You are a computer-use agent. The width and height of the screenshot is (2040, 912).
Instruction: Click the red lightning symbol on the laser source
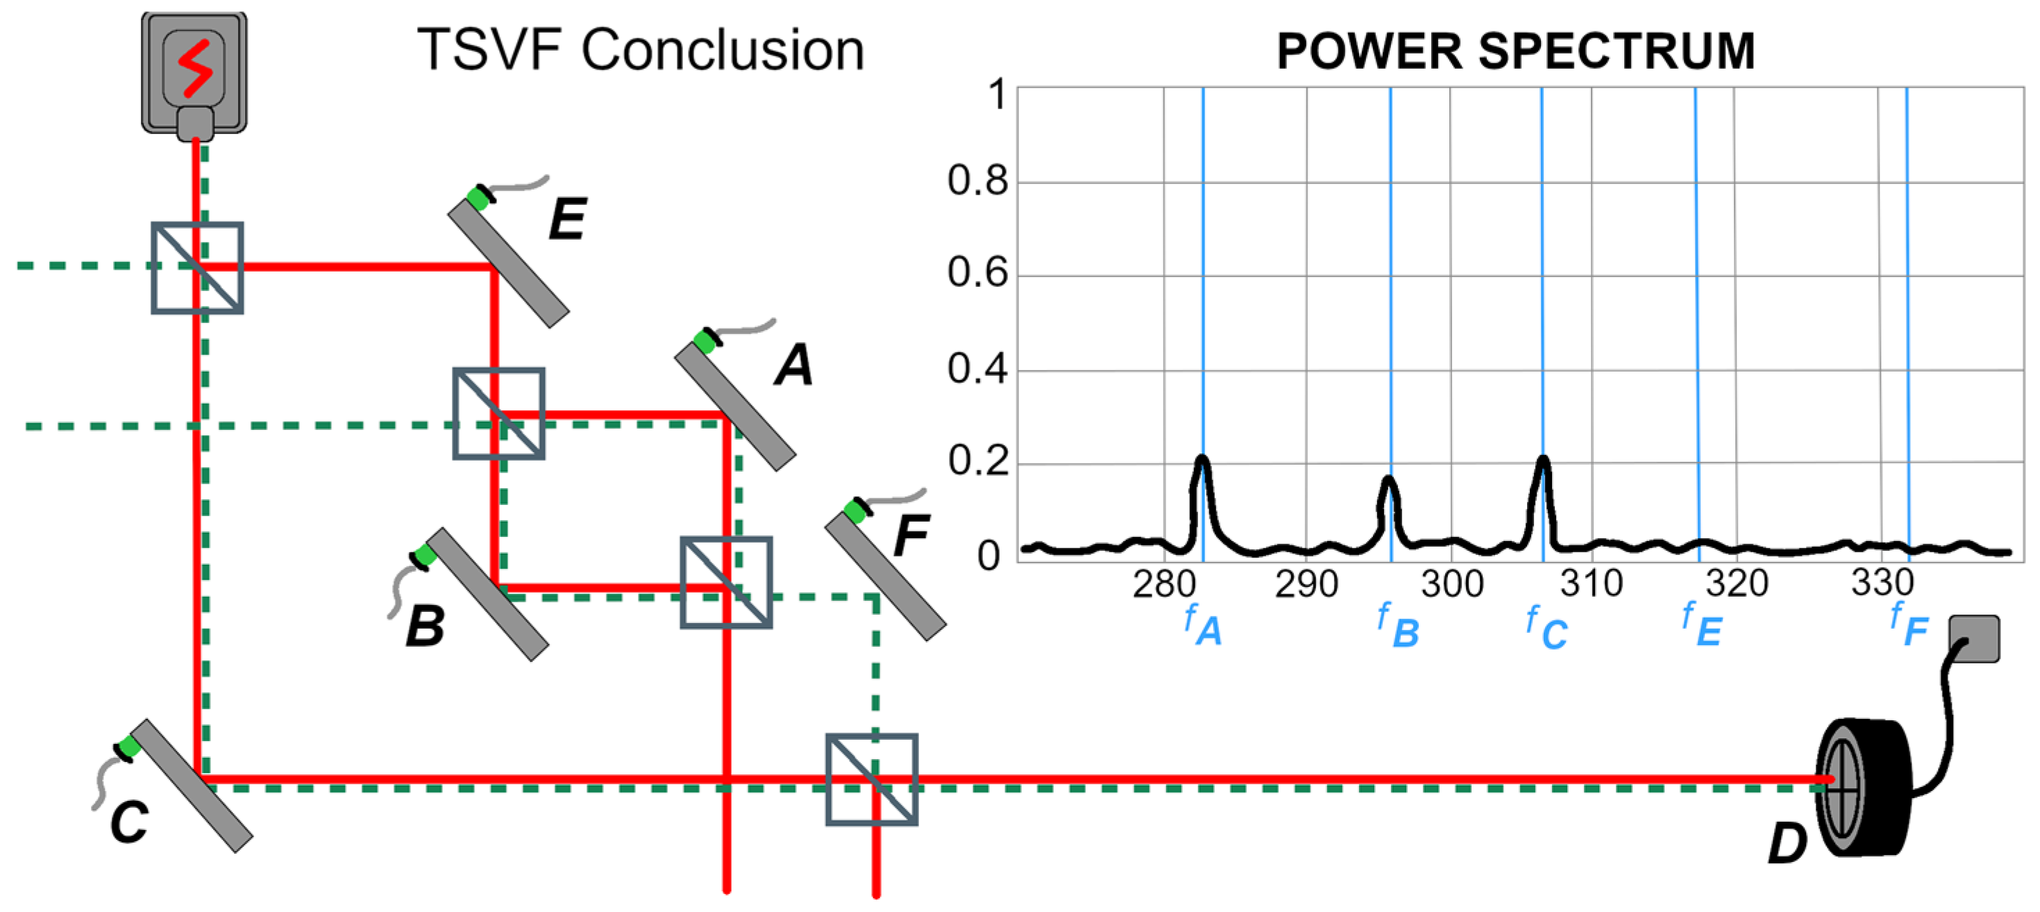(194, 67)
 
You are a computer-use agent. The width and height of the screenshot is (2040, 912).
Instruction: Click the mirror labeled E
(508, 263)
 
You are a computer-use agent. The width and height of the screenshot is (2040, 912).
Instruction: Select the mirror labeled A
(735, 406)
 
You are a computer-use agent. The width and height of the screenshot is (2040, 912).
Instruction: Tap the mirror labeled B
(488, 595)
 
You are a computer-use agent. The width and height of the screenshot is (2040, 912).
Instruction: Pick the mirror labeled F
(886, 576)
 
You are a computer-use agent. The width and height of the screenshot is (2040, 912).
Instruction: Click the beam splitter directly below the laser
(197, 268)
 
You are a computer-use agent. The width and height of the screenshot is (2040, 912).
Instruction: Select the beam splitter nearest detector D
(871, 779)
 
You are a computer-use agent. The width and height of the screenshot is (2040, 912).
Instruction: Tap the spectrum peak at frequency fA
(1202, 460)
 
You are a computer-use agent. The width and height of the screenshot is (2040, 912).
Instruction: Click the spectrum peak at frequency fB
(1388, 479)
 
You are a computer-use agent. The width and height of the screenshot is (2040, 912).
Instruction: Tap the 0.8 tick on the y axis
(977, 181)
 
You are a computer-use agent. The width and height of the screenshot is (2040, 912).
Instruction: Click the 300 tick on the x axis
(1451, 585)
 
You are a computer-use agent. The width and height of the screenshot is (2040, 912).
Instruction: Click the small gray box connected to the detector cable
(1973, 638)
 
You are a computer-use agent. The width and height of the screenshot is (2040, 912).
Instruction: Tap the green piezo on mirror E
(478, 197)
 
